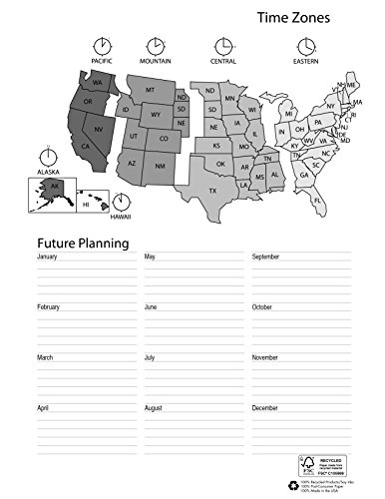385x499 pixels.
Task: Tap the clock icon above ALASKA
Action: click(x=47, y=157)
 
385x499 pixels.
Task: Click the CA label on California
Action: click(x=86, y=148)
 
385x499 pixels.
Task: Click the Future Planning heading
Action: click(x=82, y=242)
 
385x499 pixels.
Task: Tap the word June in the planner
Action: click(x=152, y=307)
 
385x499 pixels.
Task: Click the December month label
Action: click(x=264, y=407)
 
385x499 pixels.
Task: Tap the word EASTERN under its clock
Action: click(x=305, y=62)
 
